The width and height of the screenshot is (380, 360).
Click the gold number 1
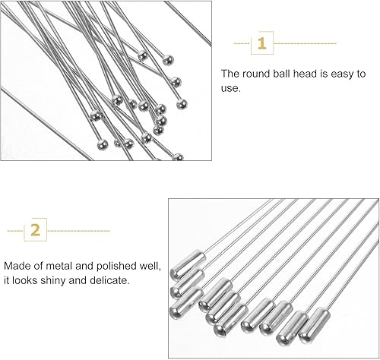[x=262, y=43]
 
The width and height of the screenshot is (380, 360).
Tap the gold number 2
[x=36, y=230]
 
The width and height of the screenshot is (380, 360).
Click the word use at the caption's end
[x=230, y=88]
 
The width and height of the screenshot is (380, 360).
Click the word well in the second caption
[x=150, y=266]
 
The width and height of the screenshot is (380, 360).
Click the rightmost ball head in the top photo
[x=182, y=104]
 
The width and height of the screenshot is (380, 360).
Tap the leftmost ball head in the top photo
[x=96, y=115]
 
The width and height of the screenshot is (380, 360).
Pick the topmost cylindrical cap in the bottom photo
[x=188, y=264]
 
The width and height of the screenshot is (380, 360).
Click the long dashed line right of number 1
[x=305, y=43]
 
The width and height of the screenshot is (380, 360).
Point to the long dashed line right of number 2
[x=78, y=231]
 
